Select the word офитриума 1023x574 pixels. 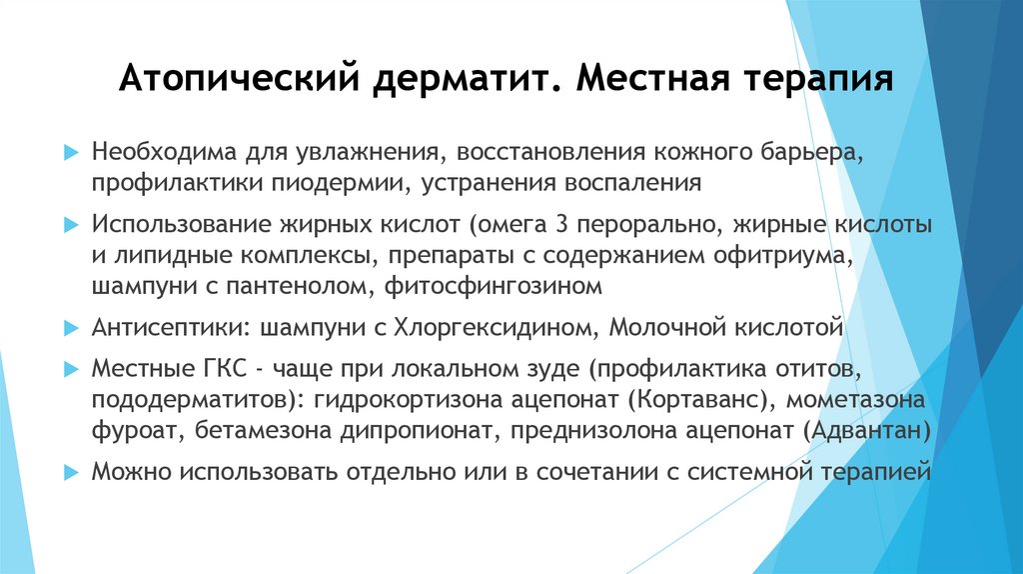pyautogui.click(x=790, y=255)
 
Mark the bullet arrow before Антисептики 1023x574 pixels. pyautogui.click(x=70, y=327)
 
